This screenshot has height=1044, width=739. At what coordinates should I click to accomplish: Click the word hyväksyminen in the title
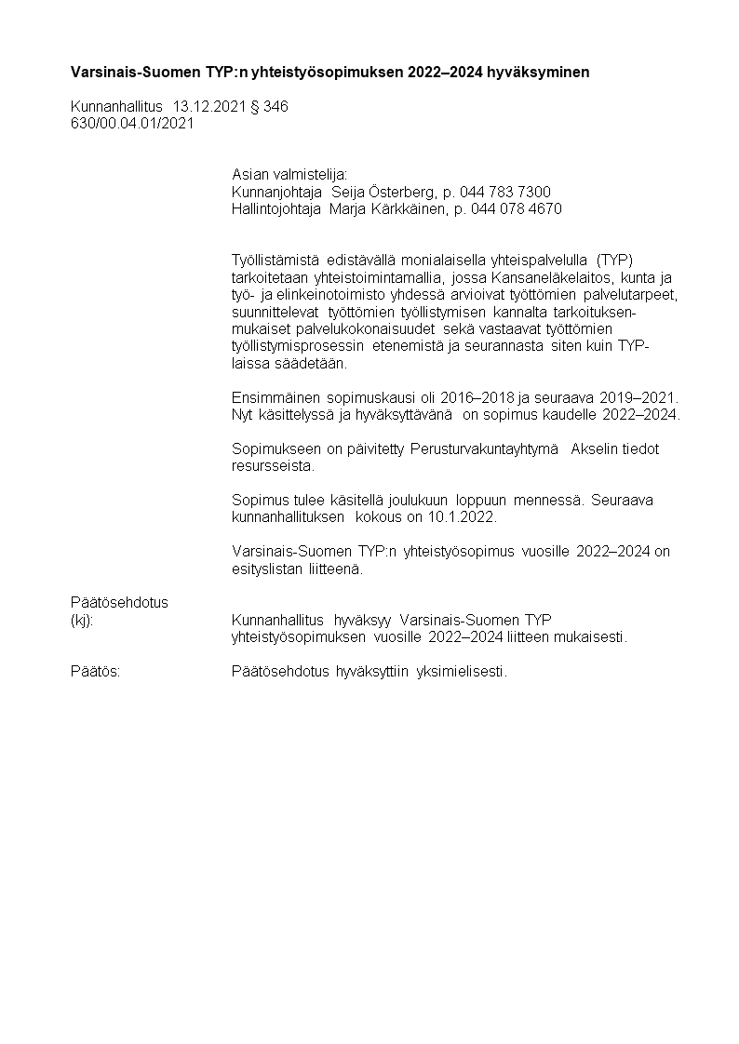545,71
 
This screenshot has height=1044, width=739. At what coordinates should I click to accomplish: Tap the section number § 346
270,107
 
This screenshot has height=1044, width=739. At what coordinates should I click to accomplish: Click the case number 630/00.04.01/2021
132,124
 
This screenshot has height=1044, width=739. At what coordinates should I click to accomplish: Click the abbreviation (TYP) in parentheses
614,259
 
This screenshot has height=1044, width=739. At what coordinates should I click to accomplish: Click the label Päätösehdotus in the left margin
120,602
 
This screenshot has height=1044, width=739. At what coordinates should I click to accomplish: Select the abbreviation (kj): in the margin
82,620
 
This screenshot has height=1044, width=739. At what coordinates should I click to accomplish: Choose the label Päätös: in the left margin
96,671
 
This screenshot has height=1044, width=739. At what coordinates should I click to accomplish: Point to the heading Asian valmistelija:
289,175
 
